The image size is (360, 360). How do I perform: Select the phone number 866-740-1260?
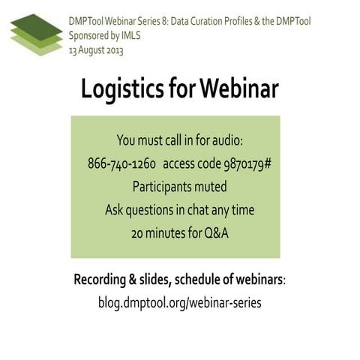[x=121, y=163]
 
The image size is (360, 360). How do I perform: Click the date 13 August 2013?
[x=96, y=50]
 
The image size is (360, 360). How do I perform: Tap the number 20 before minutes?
[x=137, y=232]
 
